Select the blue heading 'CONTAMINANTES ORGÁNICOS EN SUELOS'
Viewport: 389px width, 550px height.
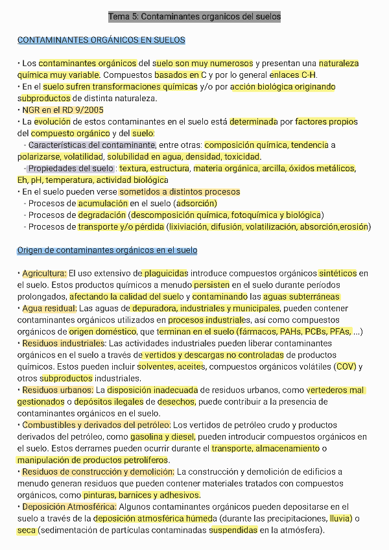tap(101, 40)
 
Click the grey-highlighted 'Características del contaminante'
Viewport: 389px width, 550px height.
tap(91, 145)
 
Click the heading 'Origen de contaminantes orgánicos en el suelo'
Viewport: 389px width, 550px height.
tap(107, 250)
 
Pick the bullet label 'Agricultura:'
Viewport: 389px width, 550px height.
tap(44, 274)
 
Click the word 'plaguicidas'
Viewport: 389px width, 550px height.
tap(166, 274)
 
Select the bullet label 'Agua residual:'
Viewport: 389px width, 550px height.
tap(49, 309)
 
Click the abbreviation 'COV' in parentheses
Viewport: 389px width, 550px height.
tap(345, 366)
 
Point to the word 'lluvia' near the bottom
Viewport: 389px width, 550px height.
tap(340, 518)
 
